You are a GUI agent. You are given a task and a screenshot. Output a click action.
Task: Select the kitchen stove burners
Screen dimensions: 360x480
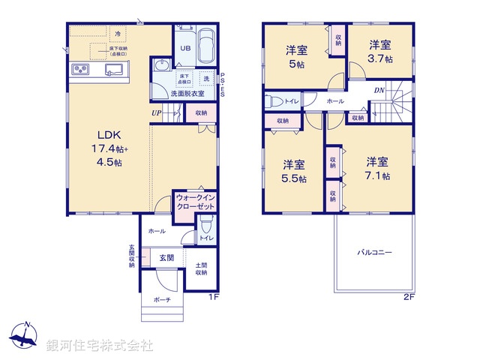tap(80, 70)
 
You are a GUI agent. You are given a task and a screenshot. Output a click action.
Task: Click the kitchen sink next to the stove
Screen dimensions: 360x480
tap(114, 70)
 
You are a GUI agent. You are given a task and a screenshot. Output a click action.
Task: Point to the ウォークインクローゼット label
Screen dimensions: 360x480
tap(195, 202)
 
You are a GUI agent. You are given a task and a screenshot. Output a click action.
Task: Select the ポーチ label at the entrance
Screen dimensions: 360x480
tap(161, 299)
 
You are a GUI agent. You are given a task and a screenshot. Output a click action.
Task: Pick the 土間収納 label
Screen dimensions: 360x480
tap(202, 268)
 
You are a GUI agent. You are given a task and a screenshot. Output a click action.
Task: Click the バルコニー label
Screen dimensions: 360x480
tap(374, 252)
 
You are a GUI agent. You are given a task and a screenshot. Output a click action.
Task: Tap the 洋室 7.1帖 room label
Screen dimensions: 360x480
tap(376, 168)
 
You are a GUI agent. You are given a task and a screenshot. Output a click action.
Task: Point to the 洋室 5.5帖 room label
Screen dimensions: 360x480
tap(293, 171)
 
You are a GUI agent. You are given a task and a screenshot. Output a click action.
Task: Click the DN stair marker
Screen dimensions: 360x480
tap(380, 90)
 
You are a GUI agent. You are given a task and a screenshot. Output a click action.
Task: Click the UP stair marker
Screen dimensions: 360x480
tap(156, 113)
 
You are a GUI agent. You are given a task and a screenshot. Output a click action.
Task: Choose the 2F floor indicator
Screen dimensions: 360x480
tap(409, 297)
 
